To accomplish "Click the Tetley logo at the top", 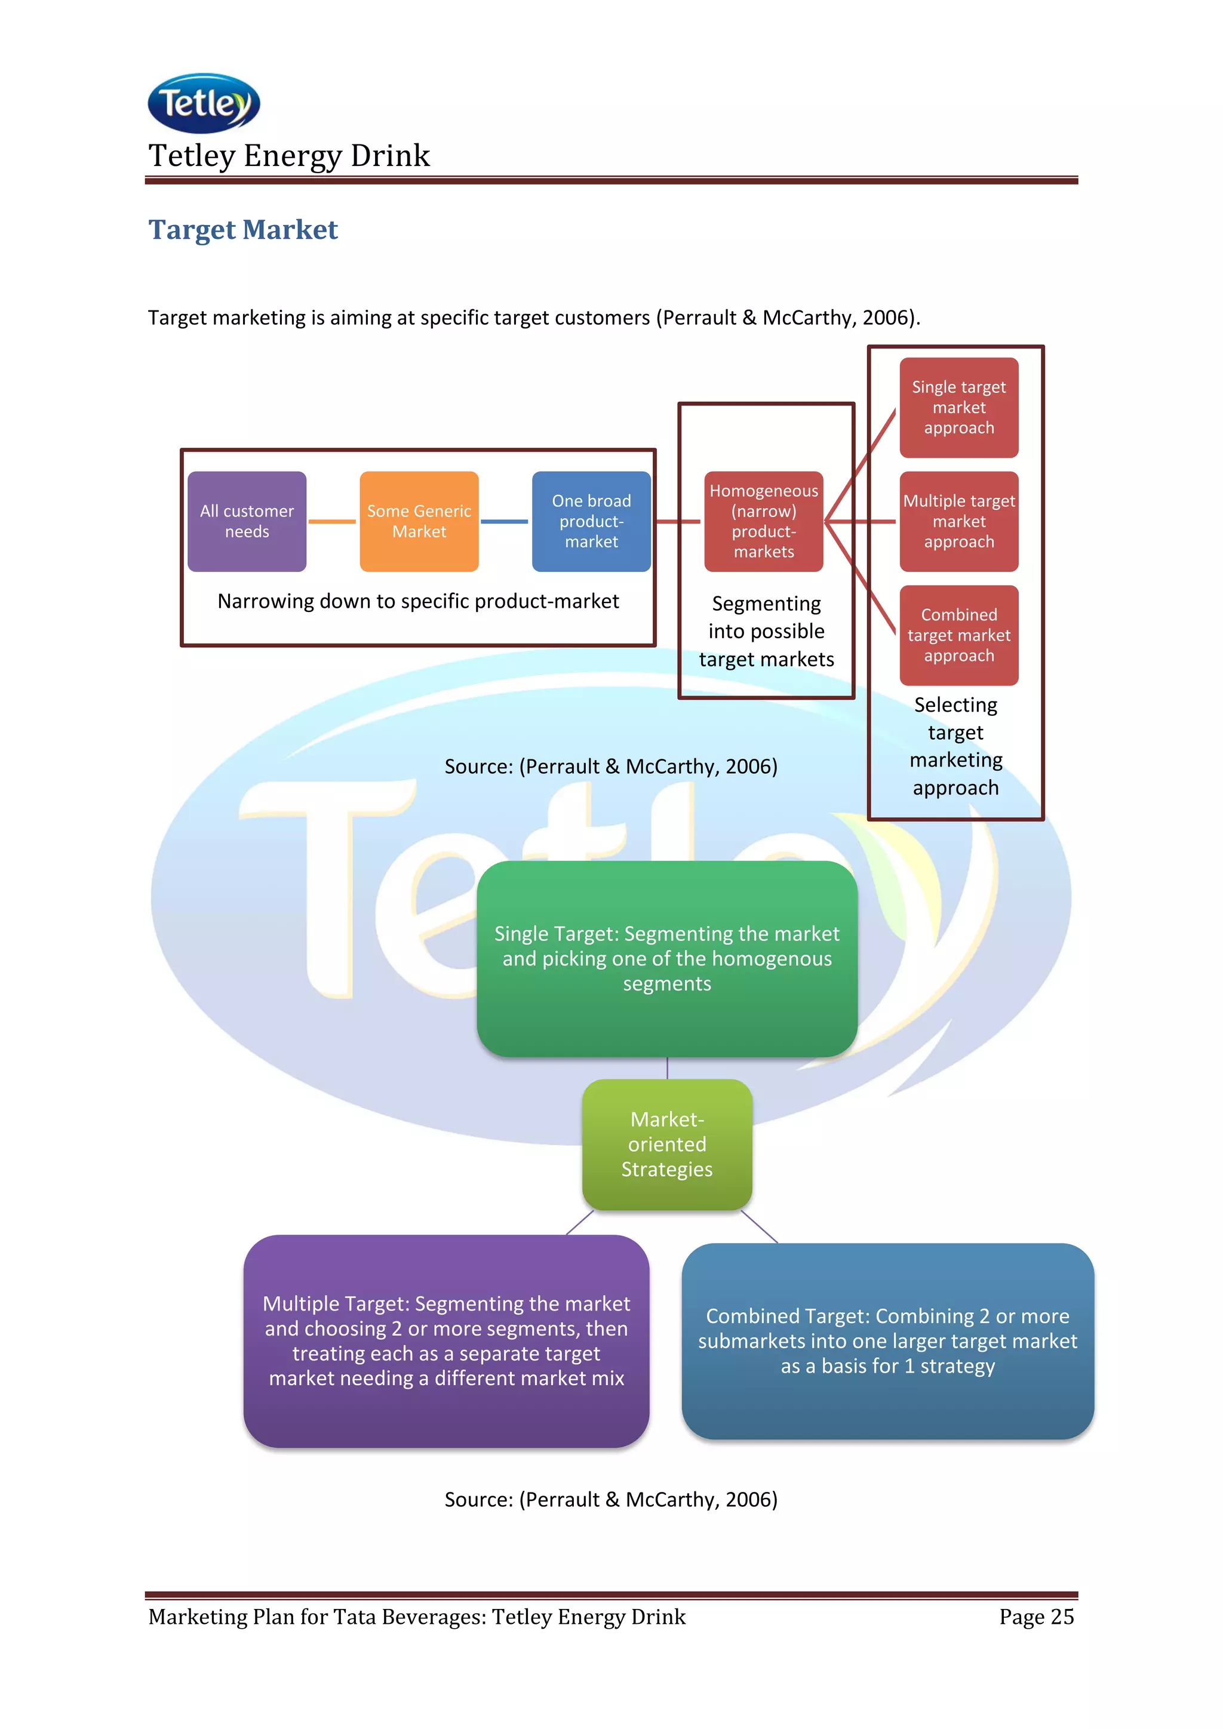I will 204,103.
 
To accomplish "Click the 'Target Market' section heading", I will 242,230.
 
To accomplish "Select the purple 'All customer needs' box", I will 247,521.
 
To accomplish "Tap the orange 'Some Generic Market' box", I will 419,521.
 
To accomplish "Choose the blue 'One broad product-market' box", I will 591,521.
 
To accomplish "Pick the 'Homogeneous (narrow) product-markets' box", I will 764,521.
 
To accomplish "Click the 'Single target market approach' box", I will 958,407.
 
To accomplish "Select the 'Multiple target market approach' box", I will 958,521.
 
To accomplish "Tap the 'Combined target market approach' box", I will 958,635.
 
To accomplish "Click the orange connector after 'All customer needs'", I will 332,521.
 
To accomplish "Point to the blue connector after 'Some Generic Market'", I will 505,521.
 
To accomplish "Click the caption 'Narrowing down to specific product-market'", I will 418,601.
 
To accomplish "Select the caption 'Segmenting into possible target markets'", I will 766,631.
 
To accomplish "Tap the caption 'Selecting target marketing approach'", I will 955,746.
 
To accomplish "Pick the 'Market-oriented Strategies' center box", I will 666,1144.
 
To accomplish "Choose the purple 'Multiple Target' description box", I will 446,1340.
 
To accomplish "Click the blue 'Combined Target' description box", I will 887,1340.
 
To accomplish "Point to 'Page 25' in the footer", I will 1036,1617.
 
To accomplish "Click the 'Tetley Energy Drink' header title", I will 289,156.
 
